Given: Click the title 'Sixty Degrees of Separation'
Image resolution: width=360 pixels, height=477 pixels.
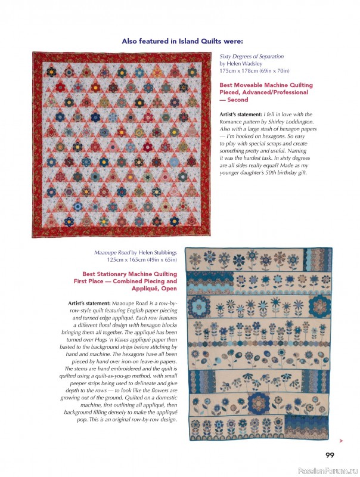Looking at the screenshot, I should pyautogui.click(x=252, y=57).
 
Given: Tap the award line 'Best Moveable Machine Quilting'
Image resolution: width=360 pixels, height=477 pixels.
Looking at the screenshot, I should pyautogui.click(x=266, y=85).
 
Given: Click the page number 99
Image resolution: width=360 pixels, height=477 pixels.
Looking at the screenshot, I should pyautogui.click(x=330, y=456).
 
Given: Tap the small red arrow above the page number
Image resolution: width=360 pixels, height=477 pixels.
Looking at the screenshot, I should pyautogui.click(x=340, y=441).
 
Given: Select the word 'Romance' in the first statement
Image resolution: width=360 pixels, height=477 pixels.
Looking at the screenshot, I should pyautogui.click(x=232, y=121).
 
